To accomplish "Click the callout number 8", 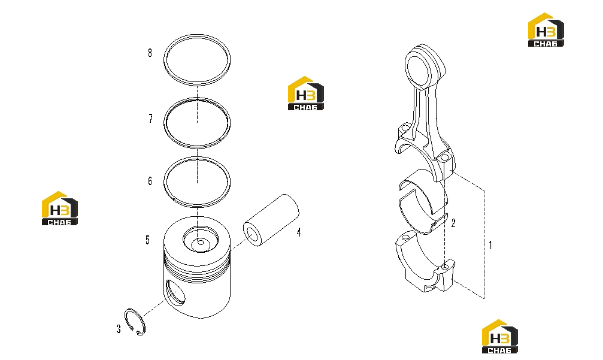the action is [150, 53].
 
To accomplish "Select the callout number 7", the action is [150, 119].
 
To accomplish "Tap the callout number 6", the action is [150, 181].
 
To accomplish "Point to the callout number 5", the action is [148, 240].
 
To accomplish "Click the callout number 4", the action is [298, 232].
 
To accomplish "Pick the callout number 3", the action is [119, 329].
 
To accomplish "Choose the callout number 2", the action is [453, 223].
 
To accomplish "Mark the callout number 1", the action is [490, 245].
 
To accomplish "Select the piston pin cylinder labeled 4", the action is [271, 220].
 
